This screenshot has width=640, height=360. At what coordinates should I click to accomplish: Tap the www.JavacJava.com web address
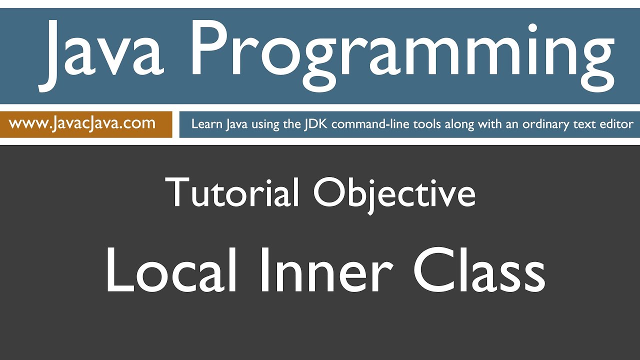(x=82, y=123)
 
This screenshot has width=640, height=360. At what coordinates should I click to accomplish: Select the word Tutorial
(x=232, y=192)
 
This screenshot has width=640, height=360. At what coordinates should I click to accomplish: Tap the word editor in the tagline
(x=618, y=124)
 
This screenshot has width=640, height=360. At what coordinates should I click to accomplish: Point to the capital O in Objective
(x=327, y=192)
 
